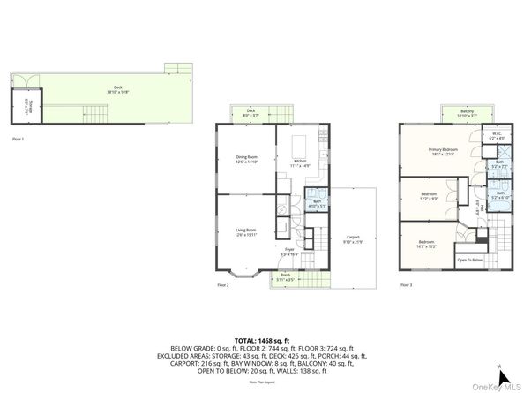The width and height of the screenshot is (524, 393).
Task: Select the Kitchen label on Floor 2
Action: (298, 163)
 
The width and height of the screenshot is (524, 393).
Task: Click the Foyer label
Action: (289, 252)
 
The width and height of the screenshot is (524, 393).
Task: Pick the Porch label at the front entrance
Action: (286, 276)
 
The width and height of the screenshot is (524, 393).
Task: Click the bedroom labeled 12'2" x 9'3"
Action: (429, 195)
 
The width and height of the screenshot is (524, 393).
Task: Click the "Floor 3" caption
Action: (405, 284)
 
